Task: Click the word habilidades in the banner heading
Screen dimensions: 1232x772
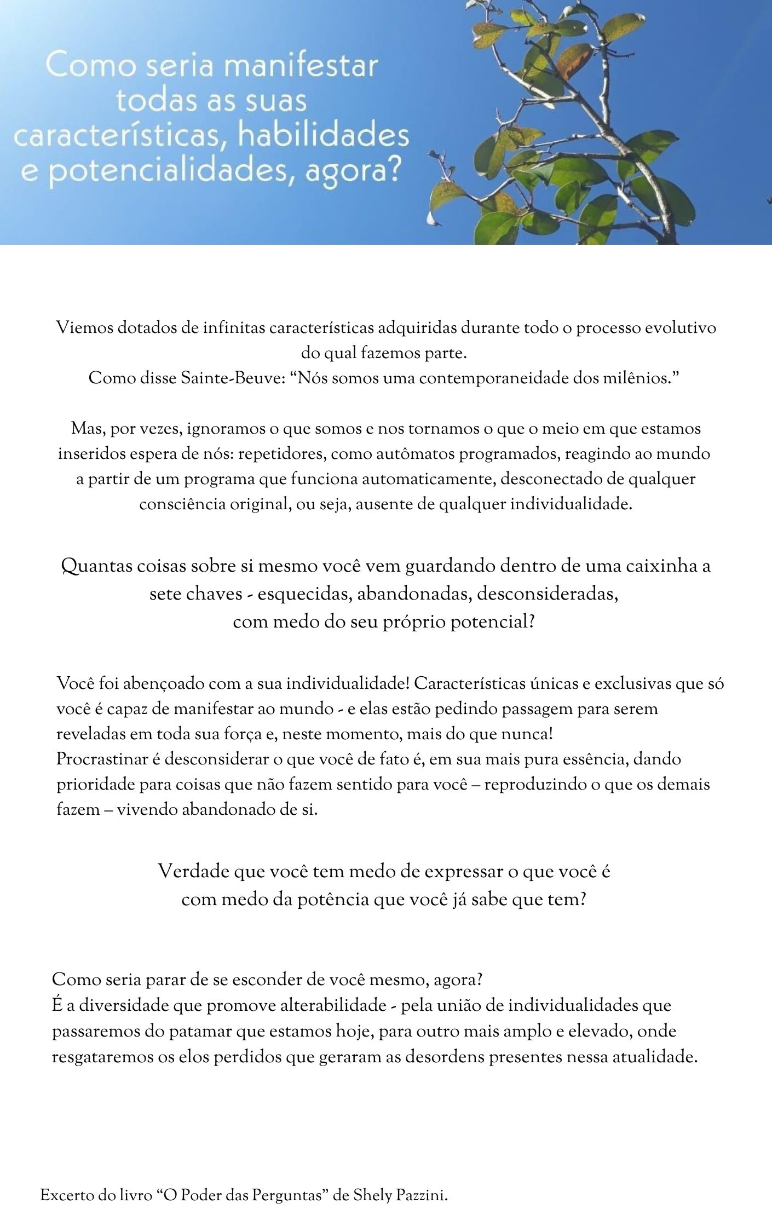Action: [x=325, y=136]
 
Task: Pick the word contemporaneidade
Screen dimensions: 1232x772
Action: [x=494, y=378]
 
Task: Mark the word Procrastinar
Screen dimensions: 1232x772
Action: [x=102, y=759]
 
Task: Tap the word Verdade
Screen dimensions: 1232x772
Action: [x=193, y=871]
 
